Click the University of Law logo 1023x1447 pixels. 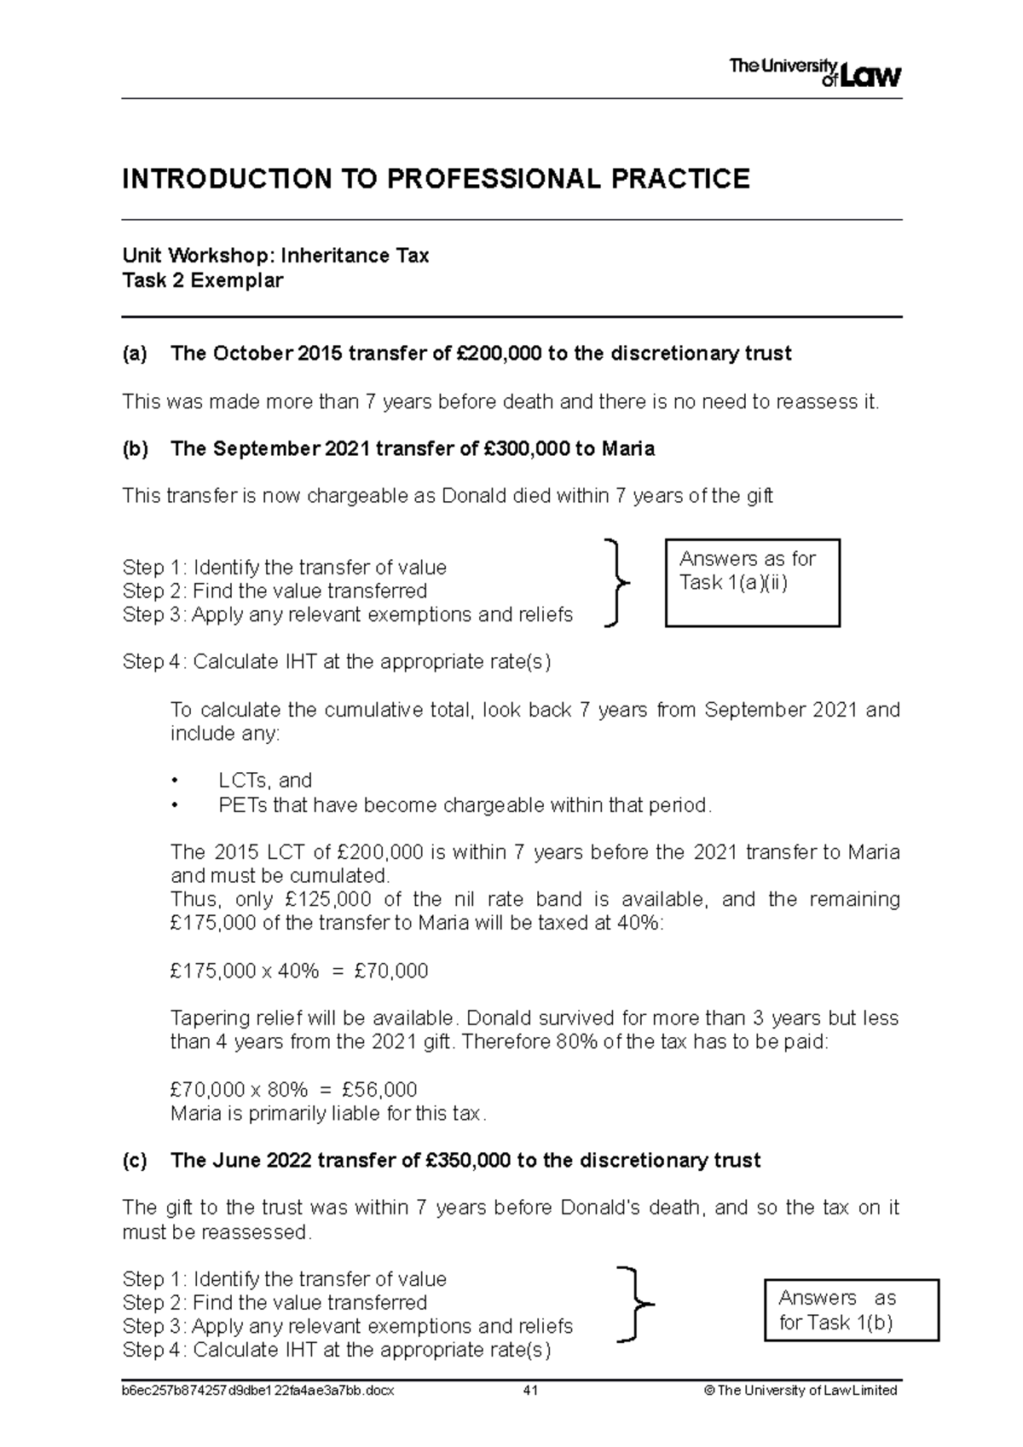(x=815, y=73)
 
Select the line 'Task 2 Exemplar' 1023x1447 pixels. (x=203, y=280)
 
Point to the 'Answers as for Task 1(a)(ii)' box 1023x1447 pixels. (x=752, y=582)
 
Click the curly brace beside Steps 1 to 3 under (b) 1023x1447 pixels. (x=616, y=583)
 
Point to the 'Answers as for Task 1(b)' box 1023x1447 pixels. (x=851, y=1311)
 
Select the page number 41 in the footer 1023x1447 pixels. (x=530, y=1390)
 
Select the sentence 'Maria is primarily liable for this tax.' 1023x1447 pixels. (x=328, y=1114)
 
